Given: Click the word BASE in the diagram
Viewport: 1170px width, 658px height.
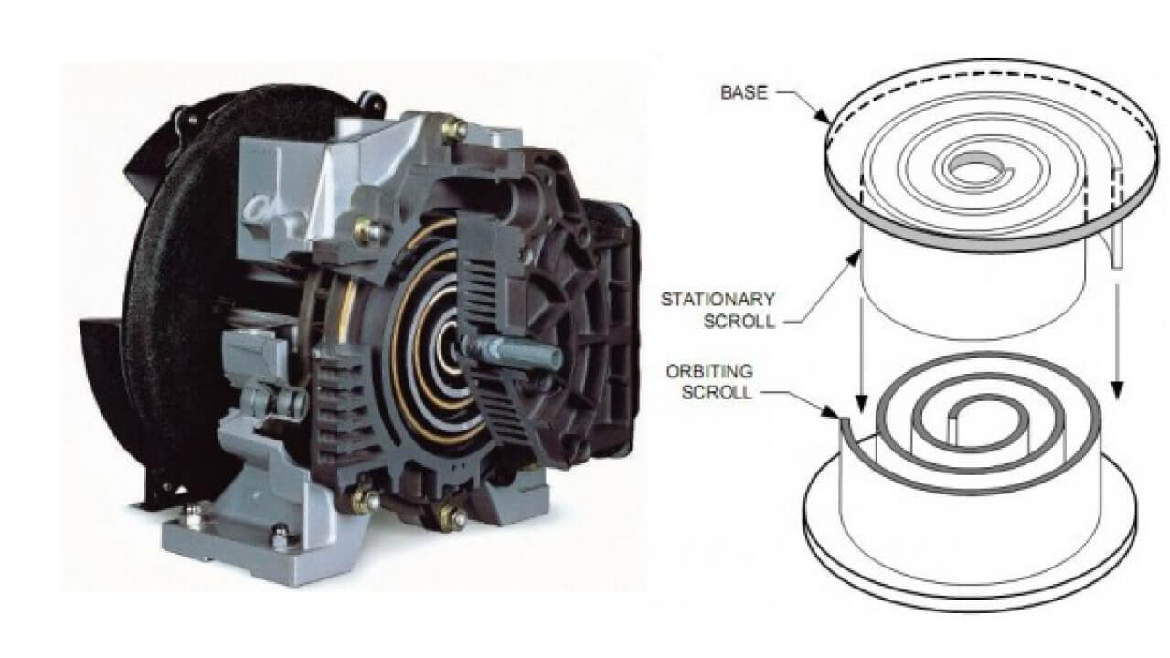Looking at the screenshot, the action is [744, 93].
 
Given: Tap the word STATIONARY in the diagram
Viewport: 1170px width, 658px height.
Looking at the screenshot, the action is [718, 299].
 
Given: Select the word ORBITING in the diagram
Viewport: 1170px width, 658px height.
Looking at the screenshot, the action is [709, 371].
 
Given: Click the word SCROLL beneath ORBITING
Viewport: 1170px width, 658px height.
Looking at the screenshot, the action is [718, 393].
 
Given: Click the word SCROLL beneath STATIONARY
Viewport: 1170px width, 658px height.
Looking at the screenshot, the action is [739, 321].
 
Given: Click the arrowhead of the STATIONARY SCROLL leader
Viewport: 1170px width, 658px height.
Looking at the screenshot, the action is [855, 258].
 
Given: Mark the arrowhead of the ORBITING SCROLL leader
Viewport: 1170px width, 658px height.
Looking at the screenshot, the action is [832, 411].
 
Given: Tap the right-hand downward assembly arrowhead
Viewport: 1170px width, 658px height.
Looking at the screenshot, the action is [1117, 390].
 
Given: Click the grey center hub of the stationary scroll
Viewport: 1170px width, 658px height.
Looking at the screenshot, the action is [973, 166].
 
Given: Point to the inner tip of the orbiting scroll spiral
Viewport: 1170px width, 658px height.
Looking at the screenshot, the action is [953, 414].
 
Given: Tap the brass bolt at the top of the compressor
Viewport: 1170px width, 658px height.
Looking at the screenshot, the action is [453, 129].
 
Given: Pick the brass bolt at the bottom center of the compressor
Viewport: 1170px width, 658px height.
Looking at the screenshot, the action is [452, 516].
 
